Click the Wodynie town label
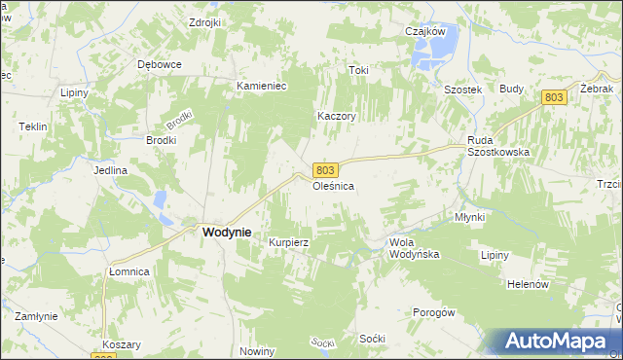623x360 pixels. [226, 233]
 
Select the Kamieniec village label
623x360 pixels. [261, 86]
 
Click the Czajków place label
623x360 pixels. [424, 30]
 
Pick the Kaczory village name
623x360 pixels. [337, 116]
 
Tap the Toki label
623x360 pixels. [359, 70]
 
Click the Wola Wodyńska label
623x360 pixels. [415, 247]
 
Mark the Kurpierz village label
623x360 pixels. [289, 242]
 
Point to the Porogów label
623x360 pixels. [434, 312]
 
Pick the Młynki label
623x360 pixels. [469, 217]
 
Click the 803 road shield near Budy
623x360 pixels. [553, 96]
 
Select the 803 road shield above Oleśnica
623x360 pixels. [326, 169]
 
